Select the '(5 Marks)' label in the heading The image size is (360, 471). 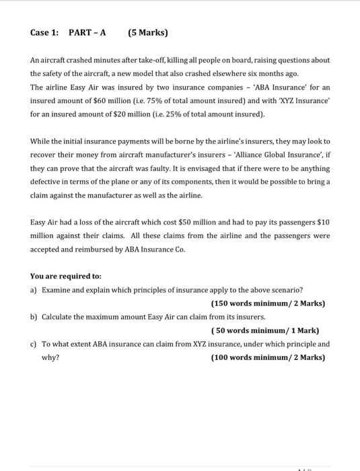coord(147,32)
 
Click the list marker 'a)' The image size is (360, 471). coord(34,289)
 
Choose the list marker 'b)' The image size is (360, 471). coord(34,316)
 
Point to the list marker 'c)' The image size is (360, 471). coord(34,344)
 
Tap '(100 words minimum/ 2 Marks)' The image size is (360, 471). coord(268,357)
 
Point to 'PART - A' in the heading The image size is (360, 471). coord(87,32)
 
